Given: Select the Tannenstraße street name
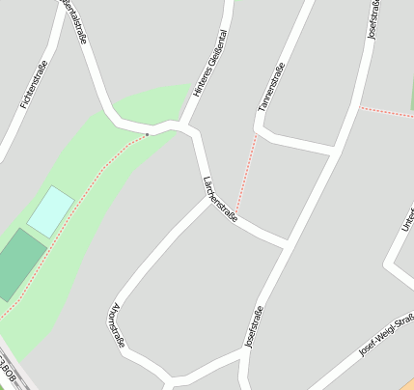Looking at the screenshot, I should point(272,87).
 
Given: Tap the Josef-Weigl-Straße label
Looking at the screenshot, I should point(386,334).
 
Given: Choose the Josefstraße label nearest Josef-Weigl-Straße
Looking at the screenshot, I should point(255,325).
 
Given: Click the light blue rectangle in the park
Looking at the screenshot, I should point(50,211).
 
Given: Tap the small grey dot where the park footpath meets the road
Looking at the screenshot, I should point(148,134).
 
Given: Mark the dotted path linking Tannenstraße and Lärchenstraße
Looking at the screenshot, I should point(247,174).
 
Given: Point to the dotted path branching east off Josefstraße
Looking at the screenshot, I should point(386,112).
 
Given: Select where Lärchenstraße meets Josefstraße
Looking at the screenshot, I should point(286,241).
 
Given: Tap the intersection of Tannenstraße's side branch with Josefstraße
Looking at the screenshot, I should point(335,152).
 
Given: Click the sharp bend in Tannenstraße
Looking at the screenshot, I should point(264,127).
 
